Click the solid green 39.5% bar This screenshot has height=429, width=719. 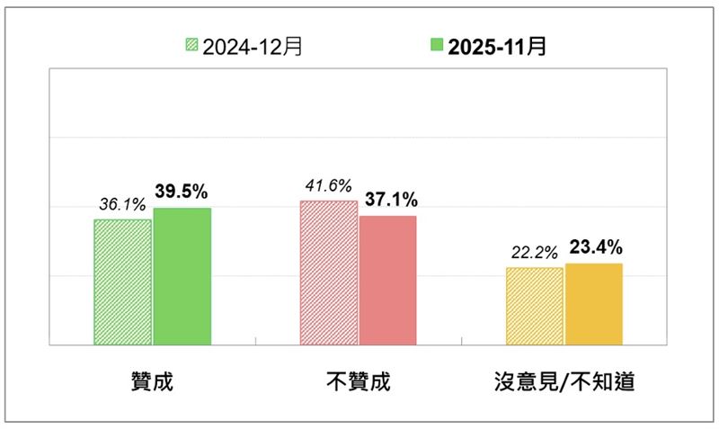pyautogui.click(x=182, y=276)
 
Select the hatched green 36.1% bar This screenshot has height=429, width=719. pyautogui.click(x=123, y=282)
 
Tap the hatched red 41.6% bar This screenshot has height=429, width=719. pyautogui.click(x=329, y=273)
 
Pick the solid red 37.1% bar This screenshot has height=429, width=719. pyautogui.click(x=388, y=280)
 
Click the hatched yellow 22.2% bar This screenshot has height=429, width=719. pyautogui.click(x=535, y=306)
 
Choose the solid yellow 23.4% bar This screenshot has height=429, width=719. pyautogui.click(x=593, y=304)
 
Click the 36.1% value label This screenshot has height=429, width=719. pyautogui.click(x=121, y=204)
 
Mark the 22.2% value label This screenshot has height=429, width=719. pyautogui.click(x=534, y=252)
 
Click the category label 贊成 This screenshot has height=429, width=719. pyautogui.click(x=152, y=381)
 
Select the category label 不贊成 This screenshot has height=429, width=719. pyautogui.click(x=359, y=381)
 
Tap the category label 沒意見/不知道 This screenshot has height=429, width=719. pyautogui.click(x=564, y=381)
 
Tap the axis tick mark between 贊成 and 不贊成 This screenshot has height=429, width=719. pyautogui.click(x=255, y=341)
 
